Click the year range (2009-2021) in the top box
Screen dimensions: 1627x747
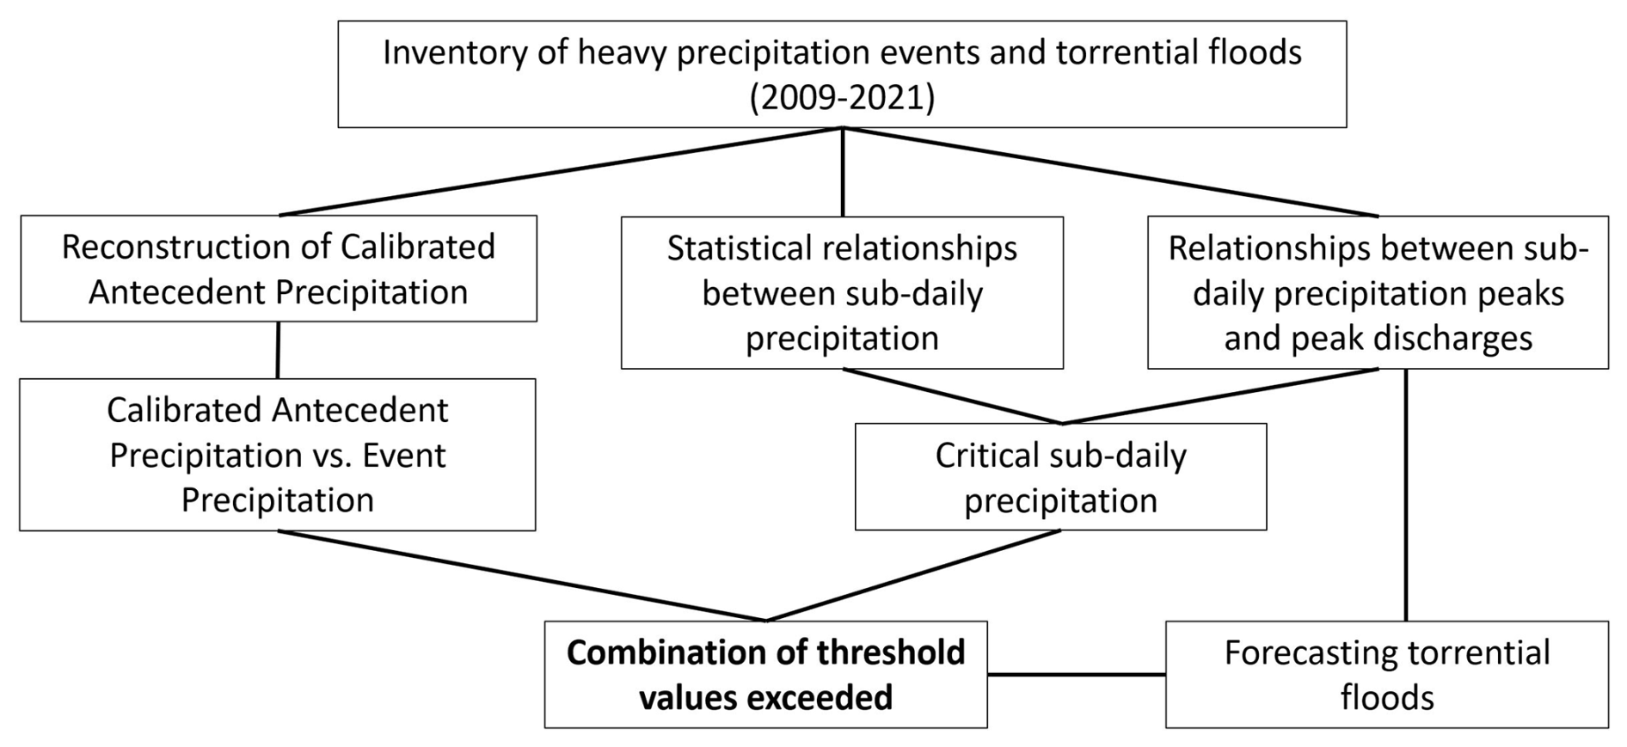click(842, 98)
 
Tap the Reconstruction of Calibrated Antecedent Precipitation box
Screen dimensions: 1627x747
click(279, 268)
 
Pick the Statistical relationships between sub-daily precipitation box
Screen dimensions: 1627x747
click(842, 292)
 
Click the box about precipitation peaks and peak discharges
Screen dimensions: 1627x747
click(1378, 292)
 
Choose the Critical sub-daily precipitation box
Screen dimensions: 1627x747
click(1060, 476)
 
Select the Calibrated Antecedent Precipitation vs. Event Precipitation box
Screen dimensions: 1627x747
click(278, 455)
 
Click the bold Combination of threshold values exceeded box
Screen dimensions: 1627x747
click(765, 675)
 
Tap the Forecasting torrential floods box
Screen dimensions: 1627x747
click(1387, 675)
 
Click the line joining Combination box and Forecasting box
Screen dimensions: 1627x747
click(1077, 675)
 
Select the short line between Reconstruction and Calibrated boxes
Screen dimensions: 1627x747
click(278, 351)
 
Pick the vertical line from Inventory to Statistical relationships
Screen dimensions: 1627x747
click(842, 172)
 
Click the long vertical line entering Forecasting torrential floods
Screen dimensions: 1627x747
click(1406, 495)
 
